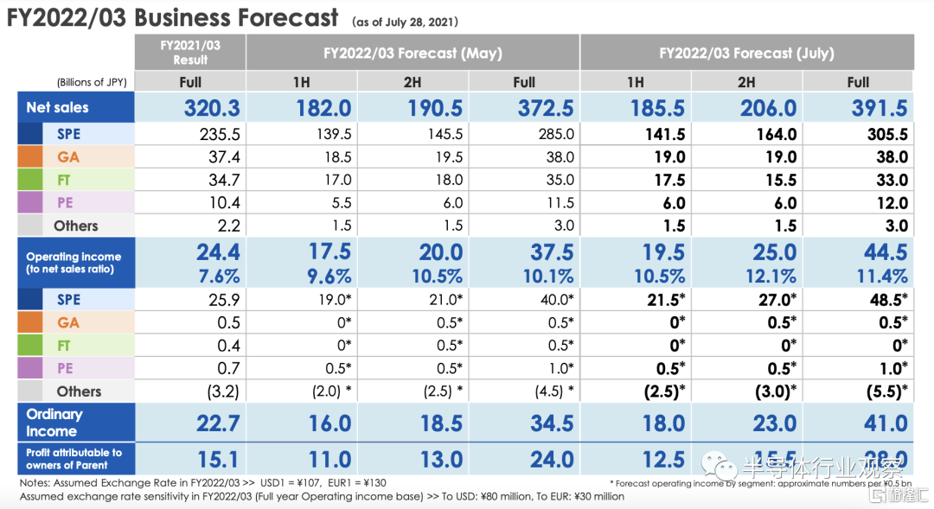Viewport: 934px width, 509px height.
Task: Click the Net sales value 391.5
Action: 879,108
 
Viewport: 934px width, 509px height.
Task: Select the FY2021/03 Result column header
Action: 190,52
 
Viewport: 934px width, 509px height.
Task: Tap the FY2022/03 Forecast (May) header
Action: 413,53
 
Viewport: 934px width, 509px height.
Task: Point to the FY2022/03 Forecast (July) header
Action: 746,53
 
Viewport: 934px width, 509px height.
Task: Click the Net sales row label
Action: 58,107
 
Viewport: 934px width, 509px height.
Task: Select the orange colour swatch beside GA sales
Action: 29,157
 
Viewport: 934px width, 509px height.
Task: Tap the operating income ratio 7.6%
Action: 218,277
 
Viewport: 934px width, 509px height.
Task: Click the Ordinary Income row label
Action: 54,423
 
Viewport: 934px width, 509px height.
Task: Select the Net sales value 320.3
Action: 212,108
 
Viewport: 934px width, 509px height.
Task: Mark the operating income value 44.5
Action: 886,252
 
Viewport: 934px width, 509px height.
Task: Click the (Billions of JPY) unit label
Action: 93,82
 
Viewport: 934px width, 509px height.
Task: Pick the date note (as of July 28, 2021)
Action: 405,21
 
